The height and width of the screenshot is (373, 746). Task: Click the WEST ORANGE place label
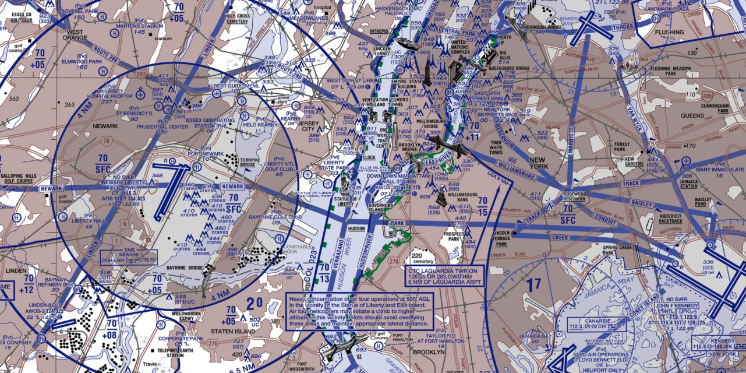tap(76, 35)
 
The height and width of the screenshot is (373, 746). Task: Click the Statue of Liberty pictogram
tap(345, 185)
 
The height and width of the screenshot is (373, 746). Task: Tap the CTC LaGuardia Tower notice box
tap(442, 276)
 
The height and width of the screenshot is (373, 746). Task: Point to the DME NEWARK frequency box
tap(129, 256)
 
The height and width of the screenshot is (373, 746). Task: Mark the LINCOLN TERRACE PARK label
tap(501, 238)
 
